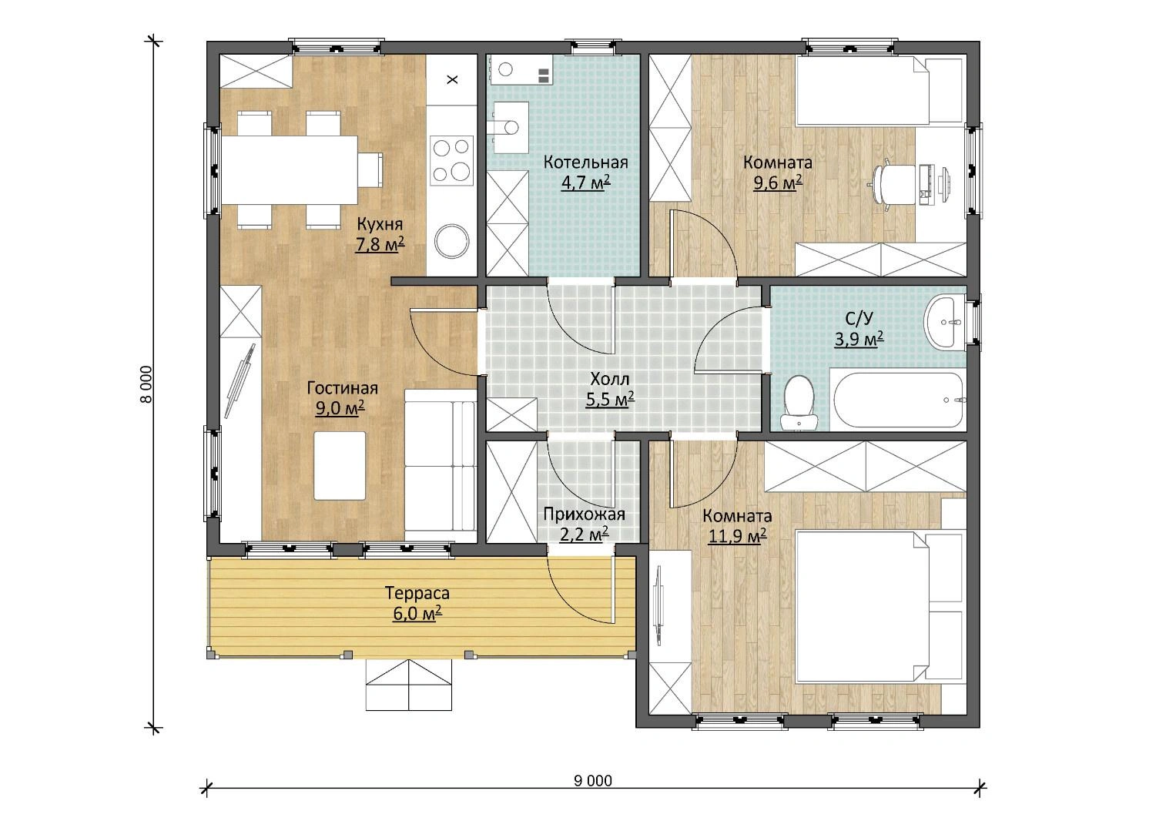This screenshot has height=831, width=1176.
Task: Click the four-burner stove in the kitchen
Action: click(x=451, y=160)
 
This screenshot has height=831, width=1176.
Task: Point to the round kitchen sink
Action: click(x=451, y=241)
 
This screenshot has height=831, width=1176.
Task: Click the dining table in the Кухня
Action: click(x=290, y=170)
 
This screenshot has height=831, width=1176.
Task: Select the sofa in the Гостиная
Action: click(x=441, y=466)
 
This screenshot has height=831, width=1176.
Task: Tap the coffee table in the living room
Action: click(x=340, y=466)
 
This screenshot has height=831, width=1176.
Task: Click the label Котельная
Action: click(x=585, y=163)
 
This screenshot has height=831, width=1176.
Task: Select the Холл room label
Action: click(x=609, y=378)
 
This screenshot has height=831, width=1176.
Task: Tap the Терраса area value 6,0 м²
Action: click(x=417, y=613)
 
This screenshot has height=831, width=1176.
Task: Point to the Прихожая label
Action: click(x=584, y=514)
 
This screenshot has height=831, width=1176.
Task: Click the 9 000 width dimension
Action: click(x=593, y=781)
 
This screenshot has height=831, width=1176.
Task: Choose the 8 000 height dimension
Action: click(x=146, y=384)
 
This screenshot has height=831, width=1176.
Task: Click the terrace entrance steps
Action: click(x=408, y=685)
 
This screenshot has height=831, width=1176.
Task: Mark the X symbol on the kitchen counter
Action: click(x=452, y=80)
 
